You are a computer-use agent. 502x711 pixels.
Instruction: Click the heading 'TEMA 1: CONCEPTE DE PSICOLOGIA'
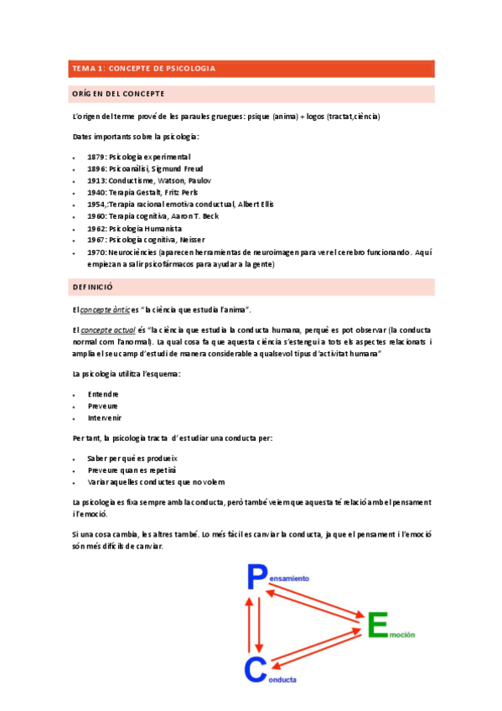[x=144, y=68]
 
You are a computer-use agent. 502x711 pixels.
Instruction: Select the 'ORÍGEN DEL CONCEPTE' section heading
[x=118, y=93]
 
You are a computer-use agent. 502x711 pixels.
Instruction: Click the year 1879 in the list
[x=96, y=157]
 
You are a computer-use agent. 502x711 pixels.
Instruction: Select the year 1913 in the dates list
[x=96, y=180]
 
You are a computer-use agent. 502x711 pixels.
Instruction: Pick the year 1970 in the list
[x=96, y=252]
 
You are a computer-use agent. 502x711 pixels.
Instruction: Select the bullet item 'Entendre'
[x=103, y=393]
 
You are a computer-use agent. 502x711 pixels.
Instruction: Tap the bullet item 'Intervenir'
[x=105, y=418]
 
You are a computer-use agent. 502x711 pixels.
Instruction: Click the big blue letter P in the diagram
[x=256, y=578]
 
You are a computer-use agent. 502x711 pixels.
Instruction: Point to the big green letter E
[x=378, y=625]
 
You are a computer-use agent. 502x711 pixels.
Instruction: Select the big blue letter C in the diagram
[x=255, y=670]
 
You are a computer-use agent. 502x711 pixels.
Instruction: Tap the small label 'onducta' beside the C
[x=282, y=680]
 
